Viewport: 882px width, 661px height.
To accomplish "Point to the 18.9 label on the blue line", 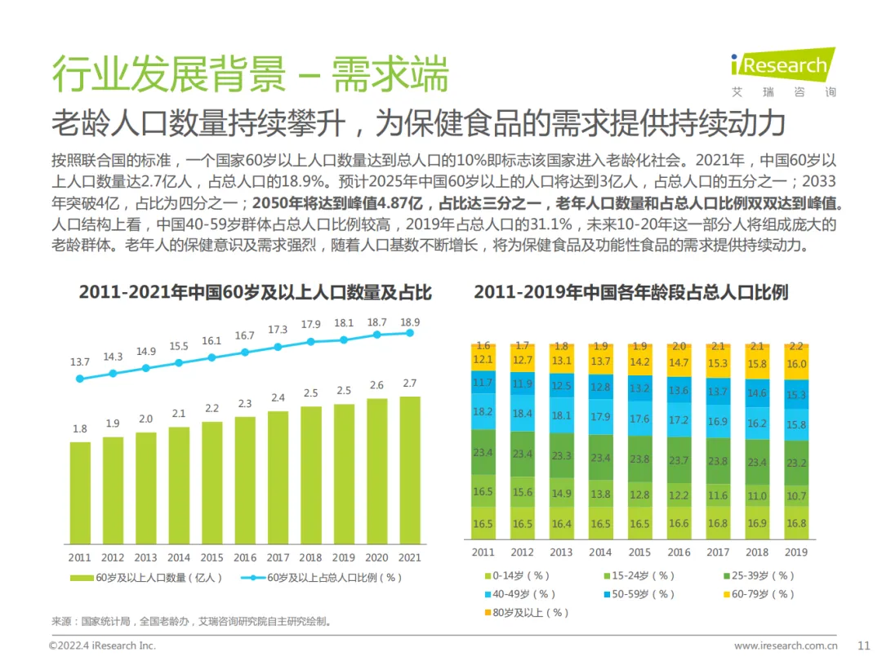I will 410,322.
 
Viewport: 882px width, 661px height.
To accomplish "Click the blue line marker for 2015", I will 212,357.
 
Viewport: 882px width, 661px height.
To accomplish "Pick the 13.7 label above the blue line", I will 80,362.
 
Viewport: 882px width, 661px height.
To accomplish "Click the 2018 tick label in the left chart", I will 310,558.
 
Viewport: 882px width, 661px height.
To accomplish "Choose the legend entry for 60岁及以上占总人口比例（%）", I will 322,578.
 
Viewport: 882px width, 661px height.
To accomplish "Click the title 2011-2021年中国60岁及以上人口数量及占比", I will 255,292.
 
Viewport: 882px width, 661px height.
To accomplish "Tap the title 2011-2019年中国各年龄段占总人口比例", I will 630,292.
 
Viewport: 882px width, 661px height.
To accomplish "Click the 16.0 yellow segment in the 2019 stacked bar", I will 796,365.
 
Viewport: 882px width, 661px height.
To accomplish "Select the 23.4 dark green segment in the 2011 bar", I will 483,451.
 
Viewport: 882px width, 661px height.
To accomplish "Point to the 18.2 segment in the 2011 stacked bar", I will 483,411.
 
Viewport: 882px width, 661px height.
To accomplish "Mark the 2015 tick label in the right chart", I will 639,552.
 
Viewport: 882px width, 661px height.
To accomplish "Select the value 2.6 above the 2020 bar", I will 376,385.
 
